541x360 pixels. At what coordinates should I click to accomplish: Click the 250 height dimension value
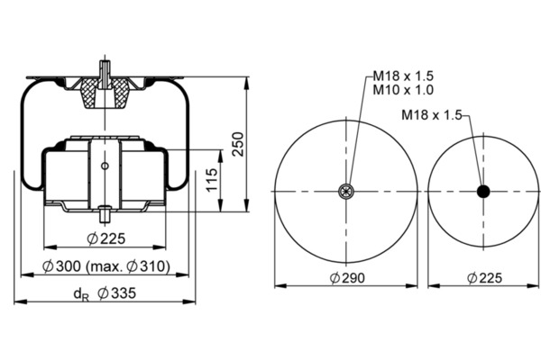[238, 144]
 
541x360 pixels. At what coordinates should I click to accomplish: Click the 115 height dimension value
[212, 179]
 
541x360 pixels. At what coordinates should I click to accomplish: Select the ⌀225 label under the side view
[106, 238]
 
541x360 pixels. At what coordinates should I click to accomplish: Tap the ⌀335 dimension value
[117, 293]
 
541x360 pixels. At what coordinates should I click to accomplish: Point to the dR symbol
[81, 294]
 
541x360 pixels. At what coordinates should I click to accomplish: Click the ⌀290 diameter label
[347, 278]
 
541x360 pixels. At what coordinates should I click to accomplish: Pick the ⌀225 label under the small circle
[484, 278]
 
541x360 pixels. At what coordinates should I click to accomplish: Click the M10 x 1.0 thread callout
[403, 90]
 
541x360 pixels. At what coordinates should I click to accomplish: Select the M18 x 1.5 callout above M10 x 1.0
[403, 76]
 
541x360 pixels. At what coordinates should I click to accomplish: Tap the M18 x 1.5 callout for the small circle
[432, 115]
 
